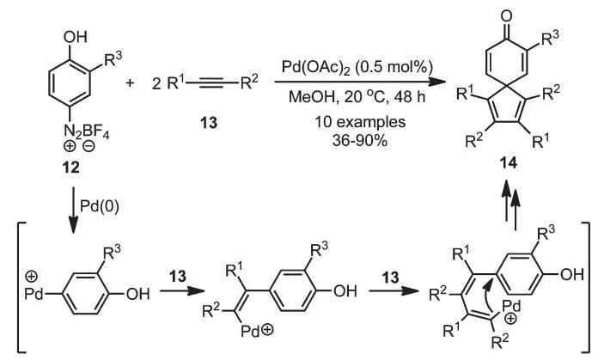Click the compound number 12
(71, 167)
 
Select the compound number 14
(510, 163)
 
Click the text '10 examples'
(360, 122)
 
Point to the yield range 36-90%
(360, 140)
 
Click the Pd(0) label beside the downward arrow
(100, 206)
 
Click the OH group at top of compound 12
(76, 37)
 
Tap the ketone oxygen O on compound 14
(506, 16)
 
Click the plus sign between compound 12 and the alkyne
(130, 82)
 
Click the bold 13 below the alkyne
(210, 122)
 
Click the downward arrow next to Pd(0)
(72, 211)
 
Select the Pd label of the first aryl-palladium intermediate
(34, 294)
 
